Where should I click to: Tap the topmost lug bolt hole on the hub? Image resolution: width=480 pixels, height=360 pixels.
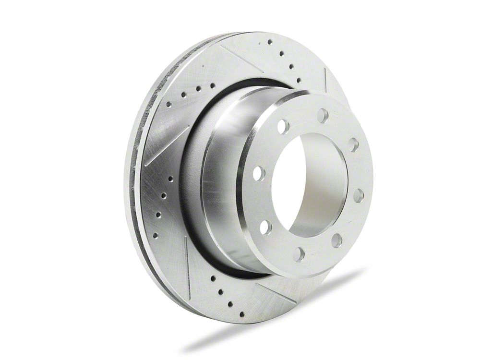323,116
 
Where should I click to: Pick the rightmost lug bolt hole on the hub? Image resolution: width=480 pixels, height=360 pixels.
359,195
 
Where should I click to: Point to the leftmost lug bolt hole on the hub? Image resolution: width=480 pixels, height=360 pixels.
258,173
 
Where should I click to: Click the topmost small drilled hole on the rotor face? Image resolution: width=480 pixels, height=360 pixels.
270,42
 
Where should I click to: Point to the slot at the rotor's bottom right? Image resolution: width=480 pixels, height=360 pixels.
276,293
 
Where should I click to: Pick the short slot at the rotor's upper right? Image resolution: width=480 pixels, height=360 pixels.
325,79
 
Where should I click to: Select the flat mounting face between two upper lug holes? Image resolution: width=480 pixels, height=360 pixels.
302,118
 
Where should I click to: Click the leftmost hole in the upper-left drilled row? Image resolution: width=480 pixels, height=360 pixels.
168,104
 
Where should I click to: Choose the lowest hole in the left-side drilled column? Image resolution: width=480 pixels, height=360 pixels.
155,236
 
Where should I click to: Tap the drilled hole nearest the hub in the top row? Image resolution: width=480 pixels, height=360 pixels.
299,80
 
